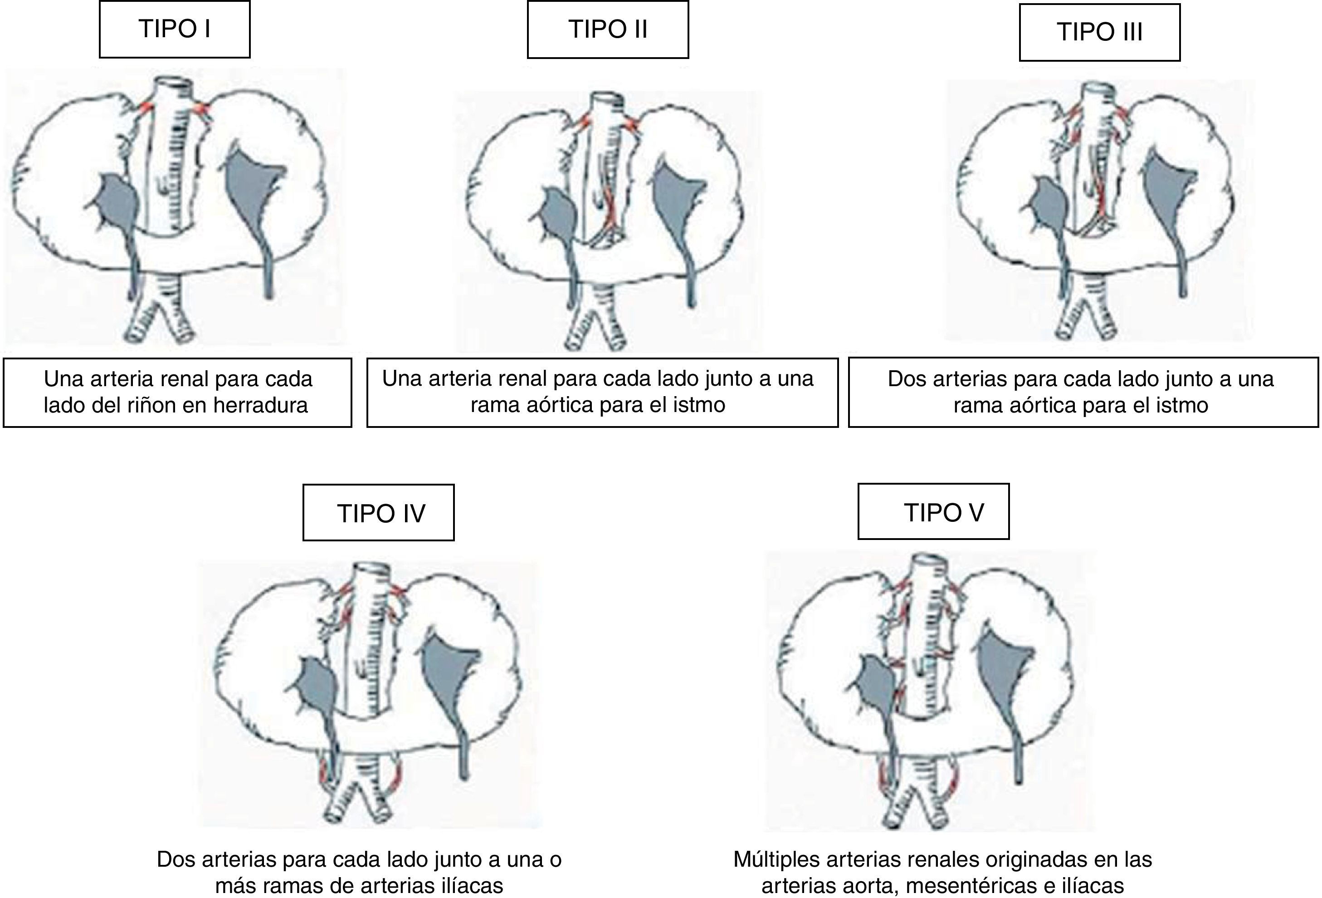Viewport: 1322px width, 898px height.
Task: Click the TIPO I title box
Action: (x=175, y=29)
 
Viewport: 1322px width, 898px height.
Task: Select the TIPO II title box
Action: (x=608, y=29)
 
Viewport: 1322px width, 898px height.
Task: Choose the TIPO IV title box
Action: (x=378, y=513)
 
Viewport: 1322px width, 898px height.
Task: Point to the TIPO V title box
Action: (x=933, y=511)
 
